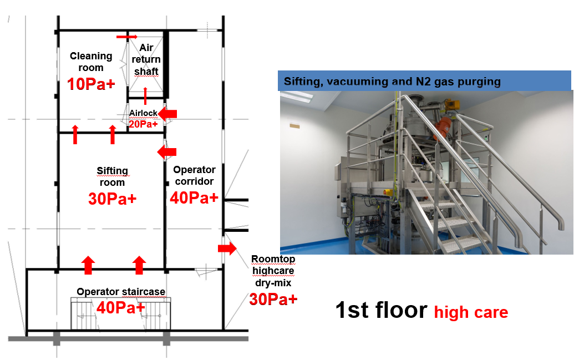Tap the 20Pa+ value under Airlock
143,124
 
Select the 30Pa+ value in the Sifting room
112,199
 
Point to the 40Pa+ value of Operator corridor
194,197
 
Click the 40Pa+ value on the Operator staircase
121,306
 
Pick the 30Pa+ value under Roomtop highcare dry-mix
273,299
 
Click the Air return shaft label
146,60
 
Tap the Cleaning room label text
91,62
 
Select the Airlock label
143,113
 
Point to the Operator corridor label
194,175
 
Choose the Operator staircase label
121,292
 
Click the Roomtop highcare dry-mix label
273,272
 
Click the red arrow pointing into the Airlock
167,114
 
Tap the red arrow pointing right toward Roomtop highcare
227,249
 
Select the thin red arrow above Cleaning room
127,37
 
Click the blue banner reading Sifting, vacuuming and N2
424,81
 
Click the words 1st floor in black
381,310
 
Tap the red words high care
471,312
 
